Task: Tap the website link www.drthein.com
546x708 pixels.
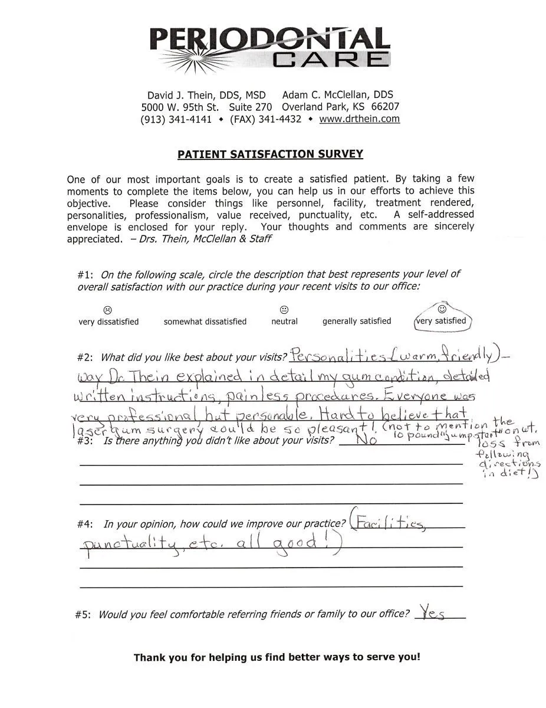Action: click(x=359, y=119)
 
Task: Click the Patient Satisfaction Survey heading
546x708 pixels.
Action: click(x=270, y=155)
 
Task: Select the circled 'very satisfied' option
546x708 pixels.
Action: click(x=441, y=320)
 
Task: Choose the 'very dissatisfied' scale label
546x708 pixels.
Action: click(x=108, y=322)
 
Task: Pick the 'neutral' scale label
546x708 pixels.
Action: click(x=284, y=322)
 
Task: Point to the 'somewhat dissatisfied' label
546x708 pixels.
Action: click(x=205, y=322)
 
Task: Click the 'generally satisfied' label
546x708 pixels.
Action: click(x=356, y=321)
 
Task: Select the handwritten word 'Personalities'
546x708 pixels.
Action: click(x=337, y=356)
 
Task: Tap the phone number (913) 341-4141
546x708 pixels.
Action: click(x=176, y=119)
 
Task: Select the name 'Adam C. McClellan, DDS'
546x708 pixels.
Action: click(x=337, y=95)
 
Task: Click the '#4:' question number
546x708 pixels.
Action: click(x=84, y=524)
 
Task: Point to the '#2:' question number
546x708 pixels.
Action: click(x=86, y=358)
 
